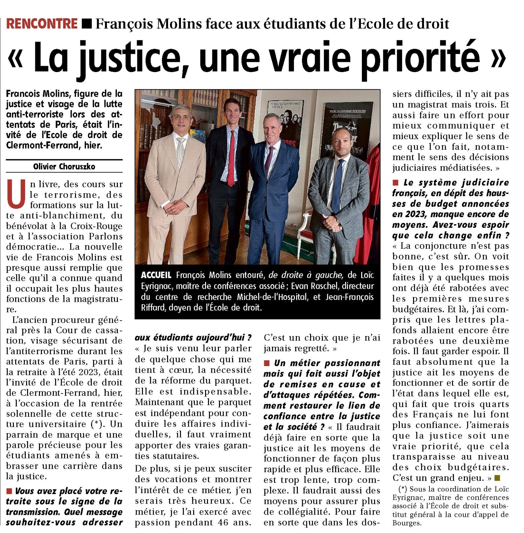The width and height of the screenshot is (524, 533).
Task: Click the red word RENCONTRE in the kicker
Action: [x=42, y=23]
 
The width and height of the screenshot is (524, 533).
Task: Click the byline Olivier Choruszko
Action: [x=64, y=167]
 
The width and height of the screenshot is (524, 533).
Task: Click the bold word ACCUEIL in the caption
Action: [x=156, y=275]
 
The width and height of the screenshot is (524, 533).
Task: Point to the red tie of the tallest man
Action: [x=231, y=159]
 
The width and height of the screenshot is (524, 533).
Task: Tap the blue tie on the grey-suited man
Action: [x=337, y=185]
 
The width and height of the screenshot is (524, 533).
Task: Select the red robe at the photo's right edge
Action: [x=371, y=198]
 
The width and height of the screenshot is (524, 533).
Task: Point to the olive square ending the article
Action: [x=497, y=478]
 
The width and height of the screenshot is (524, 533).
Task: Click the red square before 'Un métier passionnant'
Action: [x=266, y=363]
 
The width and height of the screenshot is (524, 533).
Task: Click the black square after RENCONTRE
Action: [x=87, y=23]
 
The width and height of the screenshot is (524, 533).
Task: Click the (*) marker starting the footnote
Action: [x=402, y=489]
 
